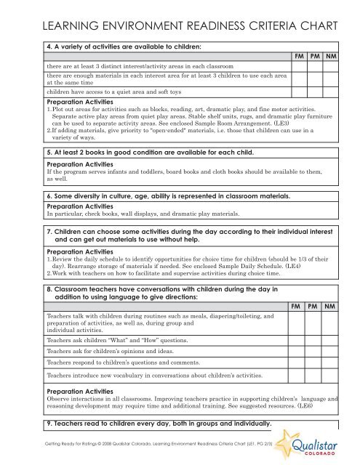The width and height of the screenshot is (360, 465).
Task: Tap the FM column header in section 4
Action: (297, 55)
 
